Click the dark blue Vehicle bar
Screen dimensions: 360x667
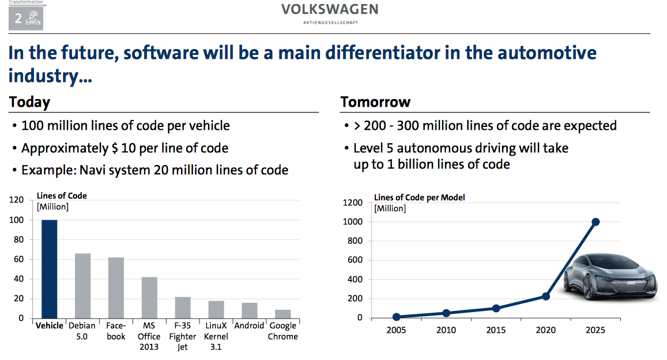[49, 269]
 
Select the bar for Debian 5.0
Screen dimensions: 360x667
[82, 286]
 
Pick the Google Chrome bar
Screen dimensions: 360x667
[282, 314]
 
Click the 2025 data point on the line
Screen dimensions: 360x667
[596, 222]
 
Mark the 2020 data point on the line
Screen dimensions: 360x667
[546, 296]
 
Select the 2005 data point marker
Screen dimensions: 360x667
[397, 317]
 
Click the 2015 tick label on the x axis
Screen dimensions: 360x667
[496, 330]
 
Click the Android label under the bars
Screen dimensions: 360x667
[249, 325]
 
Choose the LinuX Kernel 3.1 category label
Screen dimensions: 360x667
[216, 336]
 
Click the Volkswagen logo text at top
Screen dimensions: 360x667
[330, 10]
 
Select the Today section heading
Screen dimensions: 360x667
[29, 103]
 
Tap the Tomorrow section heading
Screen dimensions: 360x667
[375, 103]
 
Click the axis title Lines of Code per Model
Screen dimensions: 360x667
[419, 197]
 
